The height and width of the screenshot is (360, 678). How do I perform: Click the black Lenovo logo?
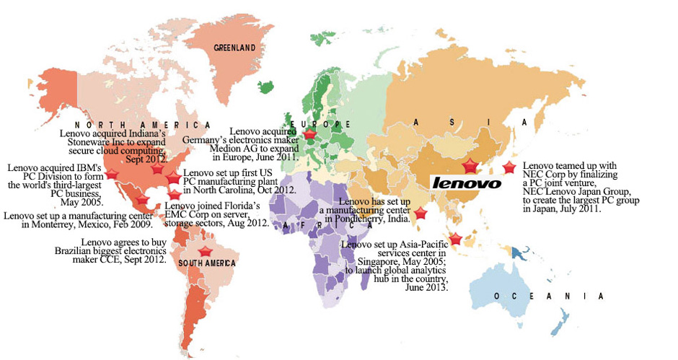pos(466,183)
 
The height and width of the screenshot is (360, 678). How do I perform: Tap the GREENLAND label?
pos(235,48)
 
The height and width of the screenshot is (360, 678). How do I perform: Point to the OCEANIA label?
pos(548,297)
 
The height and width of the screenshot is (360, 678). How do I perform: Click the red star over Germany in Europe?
pos(309,134)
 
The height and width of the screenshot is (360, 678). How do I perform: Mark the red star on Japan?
pos(509,167)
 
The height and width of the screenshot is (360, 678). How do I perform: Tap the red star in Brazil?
pos(205,250)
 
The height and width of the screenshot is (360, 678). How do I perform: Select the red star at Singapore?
pos(455,240)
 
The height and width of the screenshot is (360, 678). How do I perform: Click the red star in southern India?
pos(421,213)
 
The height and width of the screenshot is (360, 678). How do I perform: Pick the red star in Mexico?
pos(142,200)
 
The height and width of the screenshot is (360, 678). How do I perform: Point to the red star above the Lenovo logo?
pos(470,167)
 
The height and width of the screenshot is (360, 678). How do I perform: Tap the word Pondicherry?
pos(365,218)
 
